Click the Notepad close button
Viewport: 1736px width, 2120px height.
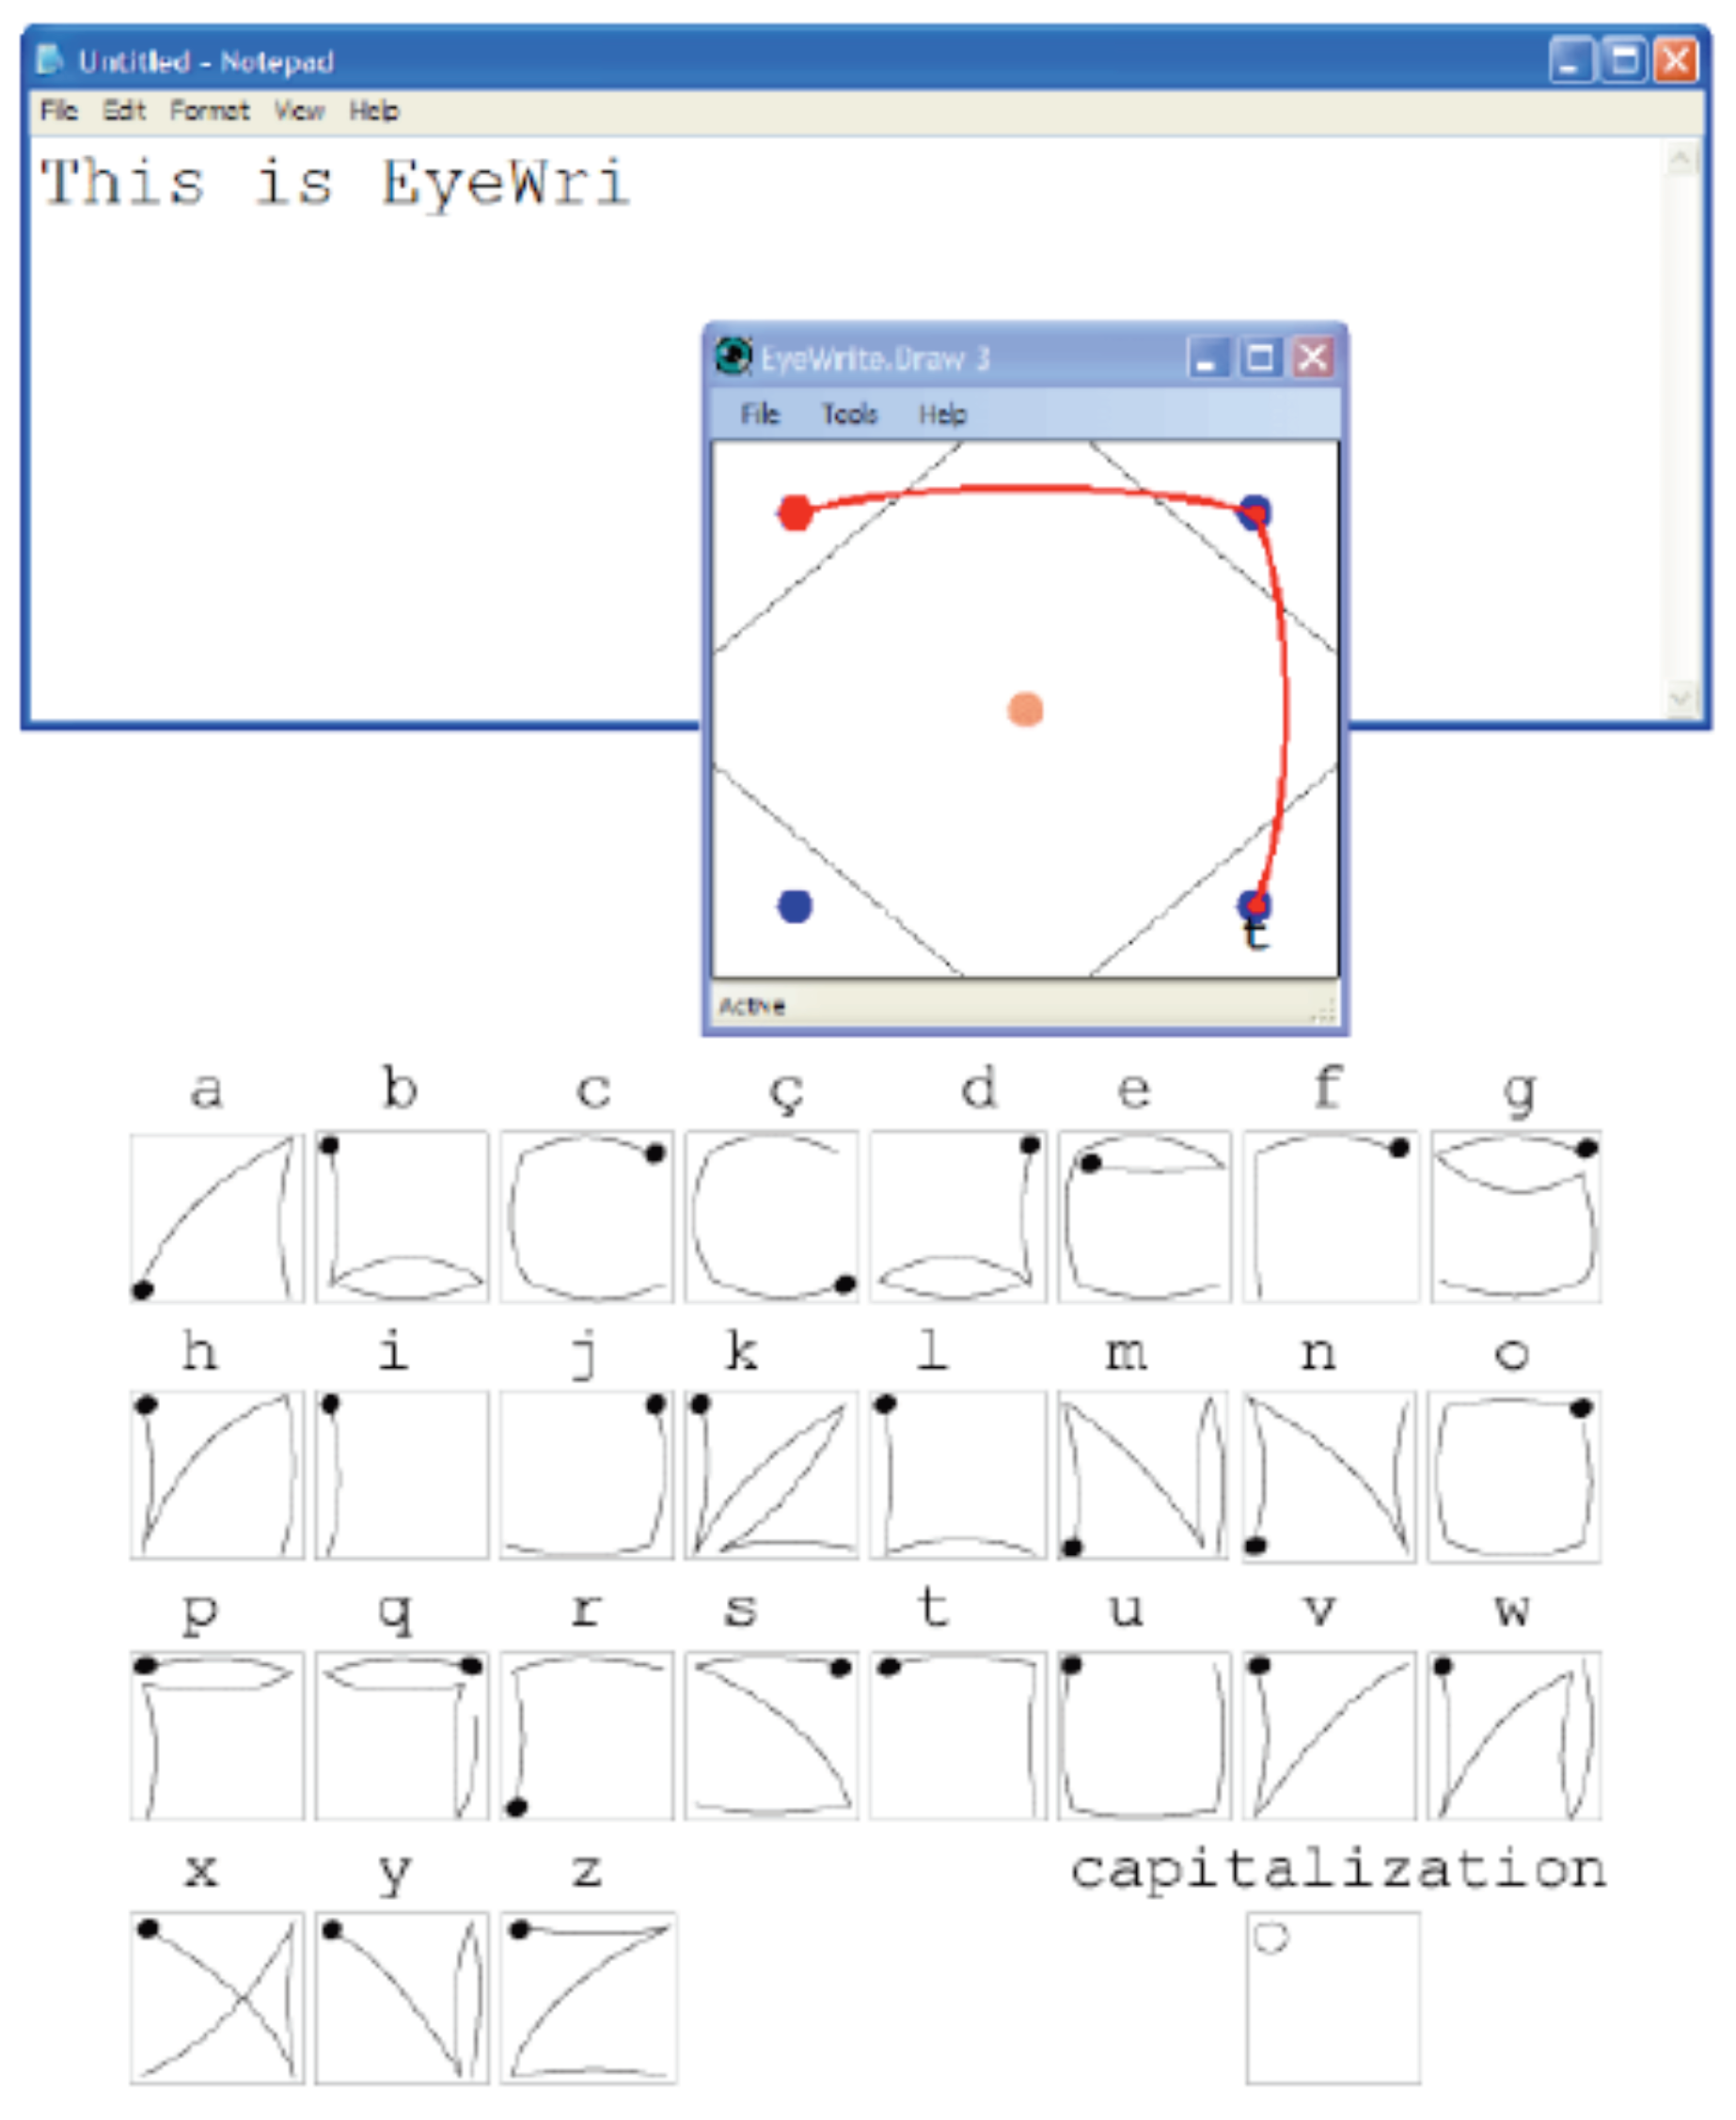pos(1676,61)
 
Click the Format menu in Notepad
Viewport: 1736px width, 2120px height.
pos(209,110)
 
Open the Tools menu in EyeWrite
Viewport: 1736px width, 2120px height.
pos(849,413)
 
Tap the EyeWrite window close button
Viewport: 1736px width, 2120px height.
pos(1313,357)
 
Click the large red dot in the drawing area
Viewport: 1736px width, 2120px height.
pos(795,512)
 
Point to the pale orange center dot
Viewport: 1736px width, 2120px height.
pos(1025,710)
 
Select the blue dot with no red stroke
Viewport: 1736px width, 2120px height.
pos(795,906)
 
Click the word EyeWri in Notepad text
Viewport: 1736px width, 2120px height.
pos(506,183)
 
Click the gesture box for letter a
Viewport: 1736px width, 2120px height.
pos(217,1217)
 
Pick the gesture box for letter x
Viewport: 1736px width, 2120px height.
pos(217,1997)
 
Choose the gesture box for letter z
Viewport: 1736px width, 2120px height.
pos(588,1997)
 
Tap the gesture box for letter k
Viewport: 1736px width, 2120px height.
pos(771,1474)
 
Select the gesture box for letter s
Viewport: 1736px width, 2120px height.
pos(771,1735)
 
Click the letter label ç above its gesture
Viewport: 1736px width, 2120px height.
pos(787,1092)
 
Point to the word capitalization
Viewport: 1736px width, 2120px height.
pos(1338,1869)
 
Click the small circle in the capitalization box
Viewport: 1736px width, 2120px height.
pos(1271,1937)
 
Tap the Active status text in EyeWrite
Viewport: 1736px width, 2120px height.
pos(752,1006)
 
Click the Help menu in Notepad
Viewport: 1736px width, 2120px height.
pos(374,110)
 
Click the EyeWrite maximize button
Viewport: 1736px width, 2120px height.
pos(1260,357)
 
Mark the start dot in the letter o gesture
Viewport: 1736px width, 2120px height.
pos(1581,1408)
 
